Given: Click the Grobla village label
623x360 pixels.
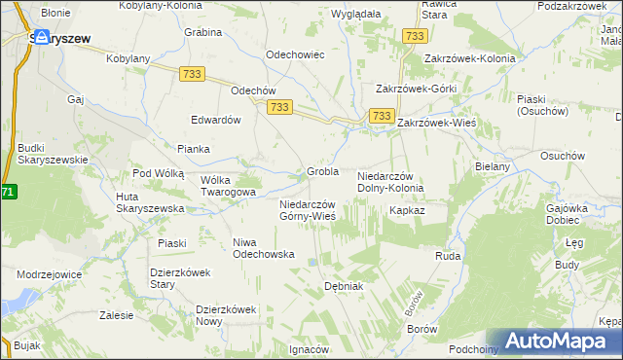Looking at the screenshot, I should point(322,171).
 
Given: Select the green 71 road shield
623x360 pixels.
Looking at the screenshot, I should point(8,193).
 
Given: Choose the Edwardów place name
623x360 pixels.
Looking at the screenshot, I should point(216,120).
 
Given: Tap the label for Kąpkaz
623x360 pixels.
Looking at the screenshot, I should point(407,209).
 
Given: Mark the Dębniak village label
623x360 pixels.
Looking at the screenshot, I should point(343,286).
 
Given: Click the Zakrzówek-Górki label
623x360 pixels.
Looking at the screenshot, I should point(416,88).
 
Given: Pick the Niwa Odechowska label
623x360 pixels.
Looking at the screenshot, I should point(263,247).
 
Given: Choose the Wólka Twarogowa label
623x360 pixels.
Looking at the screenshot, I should point(227,186).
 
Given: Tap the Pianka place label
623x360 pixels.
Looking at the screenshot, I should point(194,149).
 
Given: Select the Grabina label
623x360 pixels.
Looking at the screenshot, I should point(202,31).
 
